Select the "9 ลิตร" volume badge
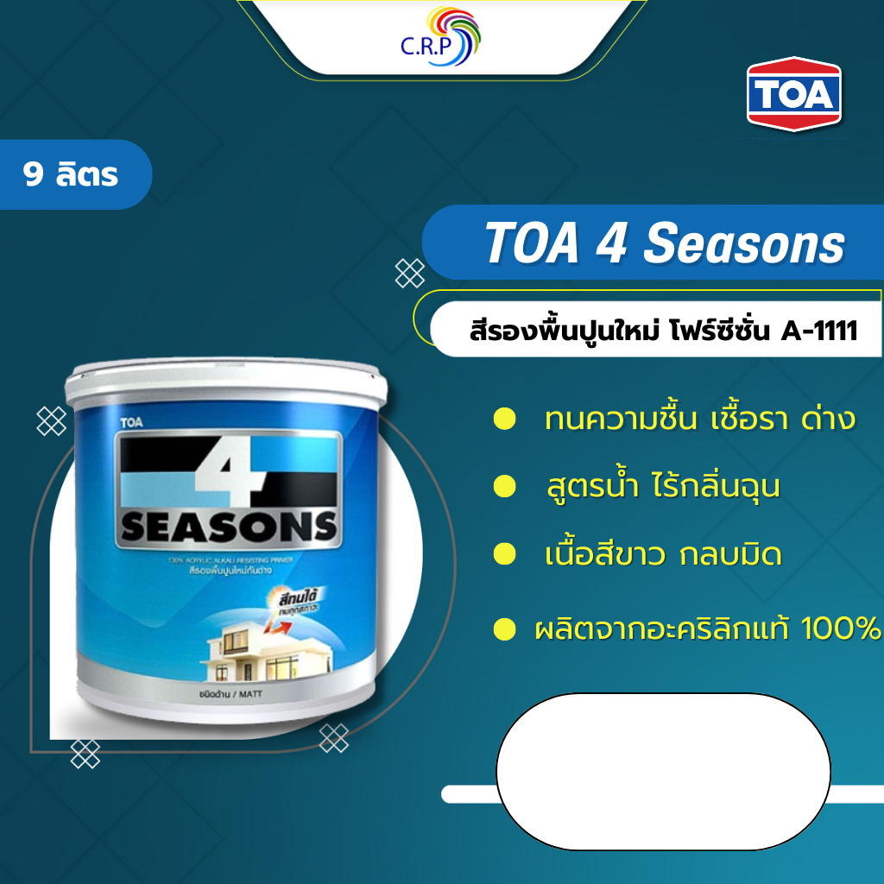pos(73,175)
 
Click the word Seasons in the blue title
pos(744,245)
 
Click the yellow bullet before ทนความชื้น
pos(504,420)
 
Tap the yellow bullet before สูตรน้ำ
pos(504,487)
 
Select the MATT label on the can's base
pos(251,693)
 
